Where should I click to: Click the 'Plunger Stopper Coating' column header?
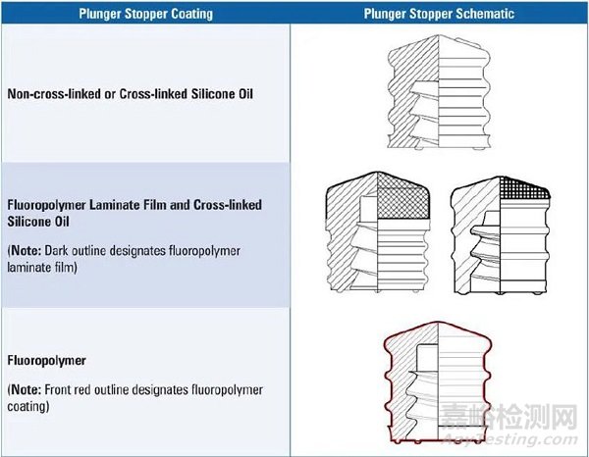pyautogui.click(x=145, y=14)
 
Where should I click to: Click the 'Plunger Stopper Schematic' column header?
pyautogui.click(x=439, y=14)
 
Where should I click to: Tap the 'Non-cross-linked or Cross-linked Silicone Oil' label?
pyautogui.click(x=130, y=93)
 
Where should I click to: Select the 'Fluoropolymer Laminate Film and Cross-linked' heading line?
pyautogui.click(x=134, y=205)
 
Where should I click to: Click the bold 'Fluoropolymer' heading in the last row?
pyautogui.click(x=46, y=361)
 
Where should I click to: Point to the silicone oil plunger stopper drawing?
pyautogui.click(x=439, y=92)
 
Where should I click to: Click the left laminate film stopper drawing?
pyautogui.click(x=378, y=231)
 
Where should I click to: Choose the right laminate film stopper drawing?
pyautogui.click(x=501, y=235)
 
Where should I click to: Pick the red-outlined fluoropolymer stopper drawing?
pyautogui.click(x=438, y=381)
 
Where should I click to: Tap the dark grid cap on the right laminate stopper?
pyautogui.click(x=524, y=188)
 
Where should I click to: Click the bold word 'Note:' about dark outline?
pyautogui.click(x=26, y=251)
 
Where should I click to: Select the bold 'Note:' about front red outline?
pyautogui.click(x=26, y=390)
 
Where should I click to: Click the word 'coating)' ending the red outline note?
pyautogui.click(x=28, y=407)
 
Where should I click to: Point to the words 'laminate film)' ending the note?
pyautogui.click(x=42, y=268)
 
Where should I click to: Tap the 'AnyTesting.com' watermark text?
pyautogui.click(x=509, y=438)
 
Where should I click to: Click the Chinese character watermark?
pyautogui.click(x=509, y=417)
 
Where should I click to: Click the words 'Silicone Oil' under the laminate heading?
pyautogui.click(x=38, y=222)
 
